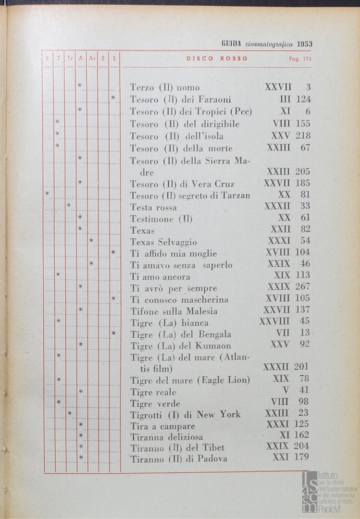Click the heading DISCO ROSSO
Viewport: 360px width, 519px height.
click(217, 59)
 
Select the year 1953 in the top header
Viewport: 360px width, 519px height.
click(305, 44)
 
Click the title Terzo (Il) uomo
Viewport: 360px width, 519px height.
click(164, 87)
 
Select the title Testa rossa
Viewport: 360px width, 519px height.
click(153, 208)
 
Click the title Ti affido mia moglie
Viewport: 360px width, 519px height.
click(174, 254)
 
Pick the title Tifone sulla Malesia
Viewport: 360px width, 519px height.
click(174, 311)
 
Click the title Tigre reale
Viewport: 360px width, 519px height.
click(153, 392)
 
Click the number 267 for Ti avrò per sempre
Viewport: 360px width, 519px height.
click(302, 287)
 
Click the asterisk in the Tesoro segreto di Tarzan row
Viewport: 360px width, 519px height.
click(47, 194)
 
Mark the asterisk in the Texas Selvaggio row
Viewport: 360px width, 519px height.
click(91, 240)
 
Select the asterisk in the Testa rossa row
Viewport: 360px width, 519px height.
click(69, 205)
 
